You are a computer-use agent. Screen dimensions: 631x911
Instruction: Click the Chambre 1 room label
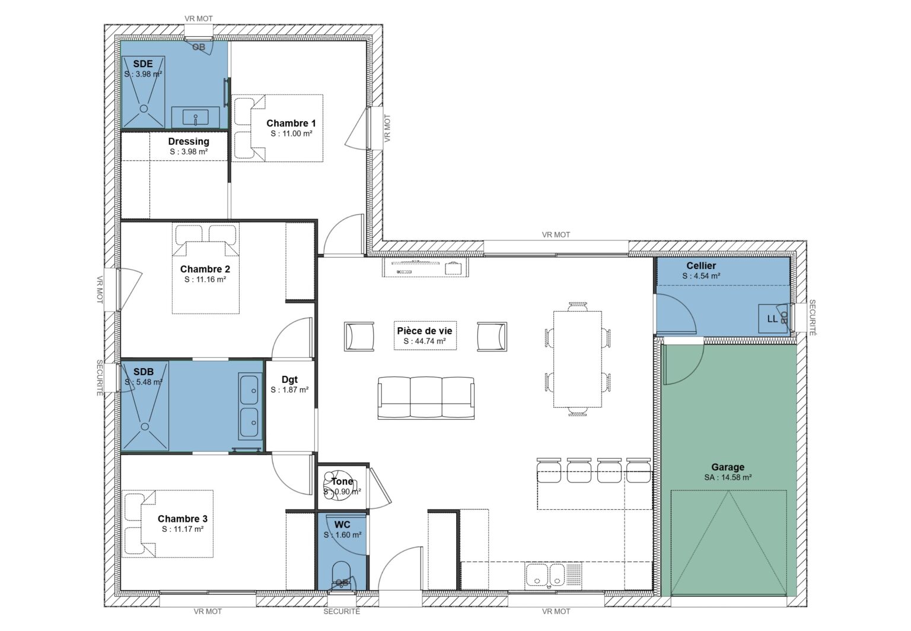point(291,123)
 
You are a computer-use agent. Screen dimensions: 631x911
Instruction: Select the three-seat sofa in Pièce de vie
point(426,398)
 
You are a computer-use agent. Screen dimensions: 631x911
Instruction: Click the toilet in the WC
point(342,576)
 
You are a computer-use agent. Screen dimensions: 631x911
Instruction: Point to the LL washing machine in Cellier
point(772,319)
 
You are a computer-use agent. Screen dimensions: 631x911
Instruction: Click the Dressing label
point(189,141)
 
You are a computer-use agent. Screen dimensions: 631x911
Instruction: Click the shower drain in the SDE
point(144,109)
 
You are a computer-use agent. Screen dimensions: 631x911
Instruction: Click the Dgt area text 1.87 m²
point(289,390)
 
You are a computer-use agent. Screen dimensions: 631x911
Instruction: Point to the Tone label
point(342,481)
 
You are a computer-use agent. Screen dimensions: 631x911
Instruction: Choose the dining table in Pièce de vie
point(577,359)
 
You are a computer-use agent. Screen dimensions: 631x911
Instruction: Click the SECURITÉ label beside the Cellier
point(812,318)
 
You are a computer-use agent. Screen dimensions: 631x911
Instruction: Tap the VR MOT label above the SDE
point(198,19)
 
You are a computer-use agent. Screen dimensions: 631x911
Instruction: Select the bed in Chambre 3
point(168,523)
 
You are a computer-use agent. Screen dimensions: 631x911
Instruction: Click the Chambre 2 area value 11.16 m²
point(205,279)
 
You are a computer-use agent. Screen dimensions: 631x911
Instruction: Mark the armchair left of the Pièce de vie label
point(359,337)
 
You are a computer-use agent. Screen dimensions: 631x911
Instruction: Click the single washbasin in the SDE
point(196,117)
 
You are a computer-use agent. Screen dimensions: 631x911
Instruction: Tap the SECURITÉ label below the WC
point(342,611)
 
